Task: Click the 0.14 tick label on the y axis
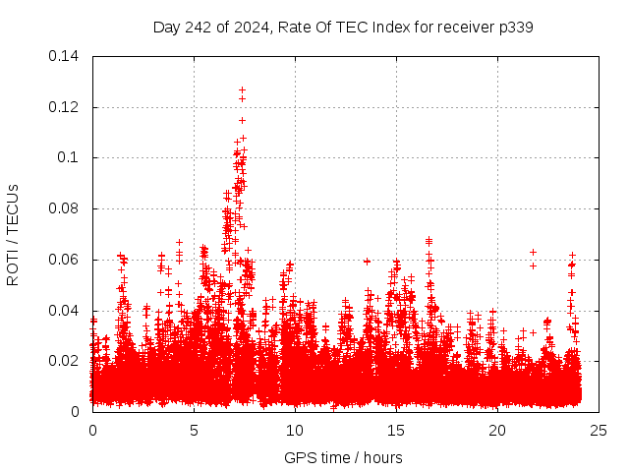[x=67, y=56]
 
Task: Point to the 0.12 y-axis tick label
[x=67, y=107]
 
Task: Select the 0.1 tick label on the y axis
[x=71, y=157]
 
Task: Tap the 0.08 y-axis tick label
[x=67, y=208]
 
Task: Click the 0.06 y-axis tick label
[x=67, y=260]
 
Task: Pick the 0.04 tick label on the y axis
[x=67, y=311]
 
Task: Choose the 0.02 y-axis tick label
[x=67, y=361]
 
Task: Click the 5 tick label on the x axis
[x=194, y=430]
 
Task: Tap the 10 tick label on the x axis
[x=295, y=430]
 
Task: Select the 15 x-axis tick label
[x=396, y=430]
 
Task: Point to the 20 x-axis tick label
[x=497, y=430]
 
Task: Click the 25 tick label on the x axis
[x=599, y=430]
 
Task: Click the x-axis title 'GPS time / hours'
[x=343, y=457]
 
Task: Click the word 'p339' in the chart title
[x=515, y=27]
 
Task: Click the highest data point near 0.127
[x=242, y=89]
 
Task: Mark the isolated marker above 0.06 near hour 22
[x=533, y=252]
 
